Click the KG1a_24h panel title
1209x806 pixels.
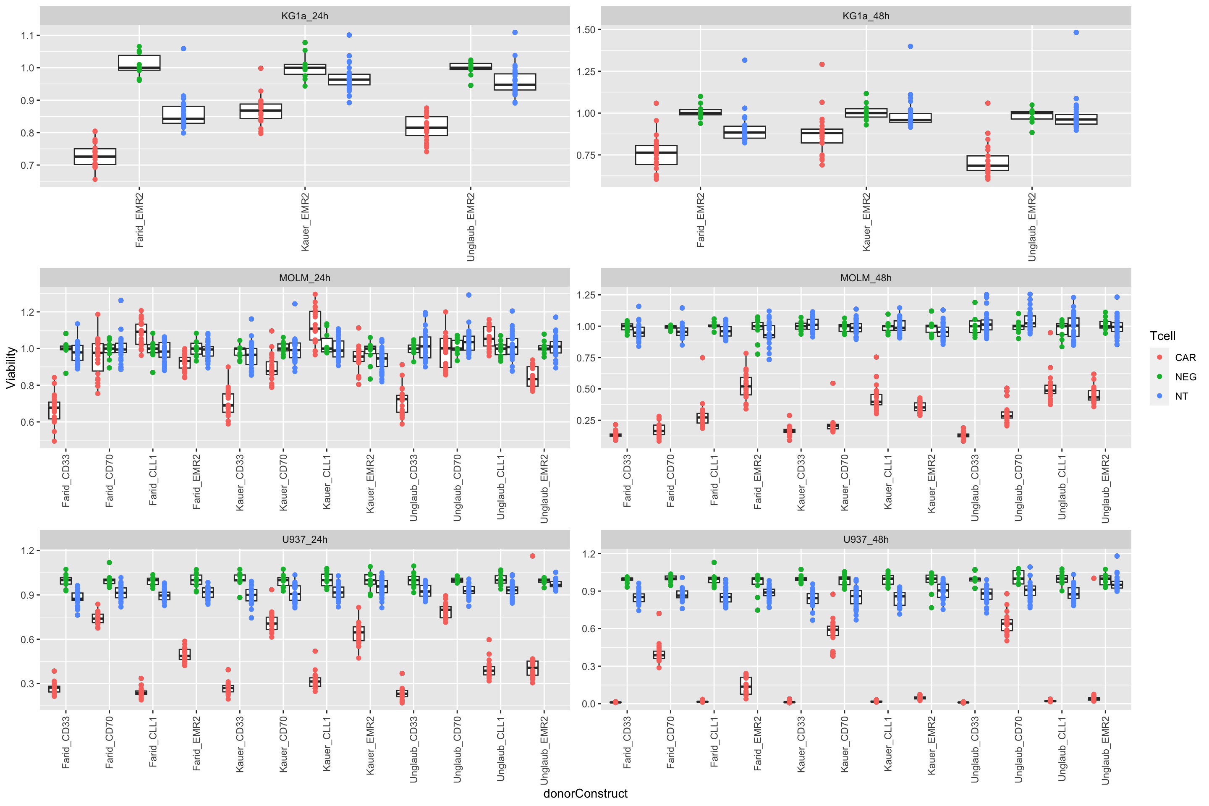pyautogui.click(x=304, y=16)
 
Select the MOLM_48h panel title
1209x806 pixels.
pyautogui.click(x=866, y=278)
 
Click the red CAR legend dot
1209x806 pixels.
pyautogui.click(x=1159, y=357)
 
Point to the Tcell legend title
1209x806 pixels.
pyautogui.click(x=1162, y=336)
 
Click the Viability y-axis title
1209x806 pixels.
pyautogui.click(x=11, y=368)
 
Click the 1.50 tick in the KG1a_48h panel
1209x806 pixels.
pyautogui.click(x=586, y=30)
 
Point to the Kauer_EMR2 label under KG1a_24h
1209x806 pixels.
pyautogui.click(x=305, y=222)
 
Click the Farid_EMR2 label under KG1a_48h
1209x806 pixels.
pyautogui.click(x=701, y=220)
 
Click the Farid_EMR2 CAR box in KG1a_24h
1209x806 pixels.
pyautogui.click(x=95, y=157)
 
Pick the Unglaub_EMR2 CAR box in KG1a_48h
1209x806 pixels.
pyautogui.click(x=987, y=163)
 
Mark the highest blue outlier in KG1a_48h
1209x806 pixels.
pyautogui.click(x=1076, y=32)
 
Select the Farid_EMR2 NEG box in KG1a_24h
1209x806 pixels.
pyautogui.click(x=139, y=63)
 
